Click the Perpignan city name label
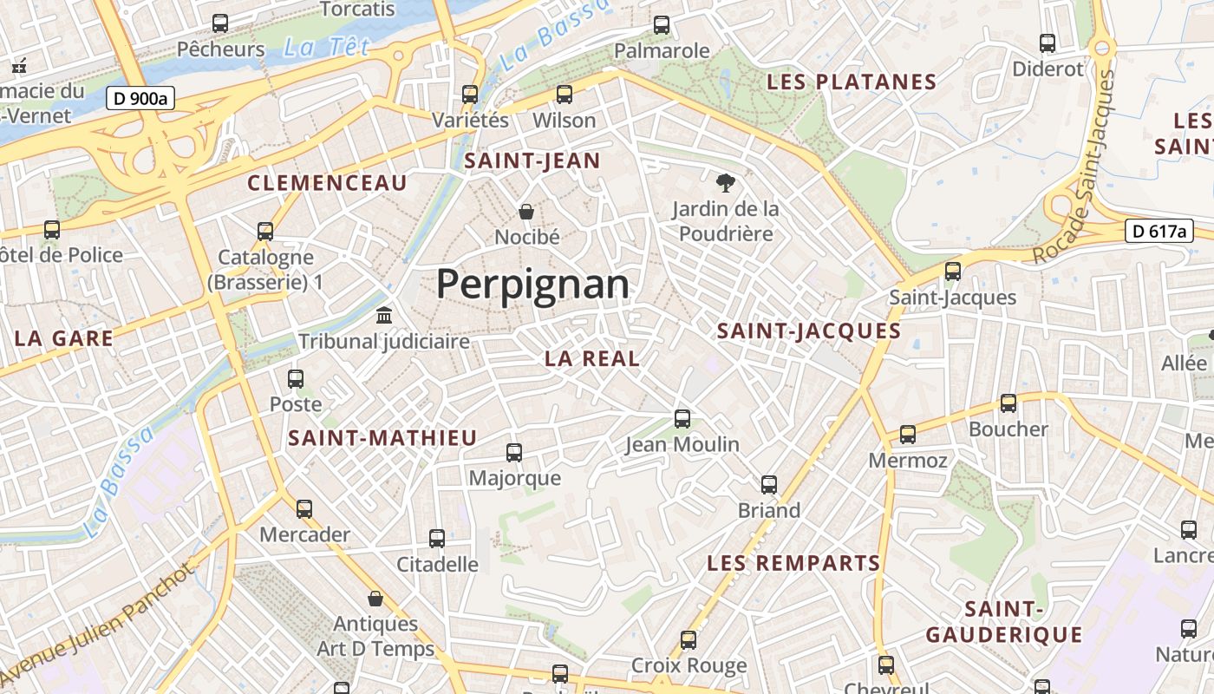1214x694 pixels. coord(532,284)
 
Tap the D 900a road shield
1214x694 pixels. coord(140,98)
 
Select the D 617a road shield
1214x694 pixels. coord(1159,231)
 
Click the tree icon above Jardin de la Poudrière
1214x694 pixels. coord(726,182)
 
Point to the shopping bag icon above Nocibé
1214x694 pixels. coord(525,211)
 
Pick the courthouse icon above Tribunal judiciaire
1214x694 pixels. coord(383,315)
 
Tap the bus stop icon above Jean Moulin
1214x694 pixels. coord(682,418)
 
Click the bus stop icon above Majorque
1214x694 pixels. coord(514,452)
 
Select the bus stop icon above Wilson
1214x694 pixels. coord(565,94)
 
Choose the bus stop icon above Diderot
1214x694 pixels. coord(1048,43)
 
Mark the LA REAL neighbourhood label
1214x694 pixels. coord(592,358)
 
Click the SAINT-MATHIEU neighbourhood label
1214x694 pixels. coord(382,438)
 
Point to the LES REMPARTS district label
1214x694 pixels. coord(793,563)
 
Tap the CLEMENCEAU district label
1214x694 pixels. coord(327,183)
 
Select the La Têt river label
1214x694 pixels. coord(326,47)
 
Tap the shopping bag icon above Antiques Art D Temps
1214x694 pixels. coord(375,598)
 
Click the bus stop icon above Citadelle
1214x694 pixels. coord(437,538)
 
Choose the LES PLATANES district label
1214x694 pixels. coord(852,82)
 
